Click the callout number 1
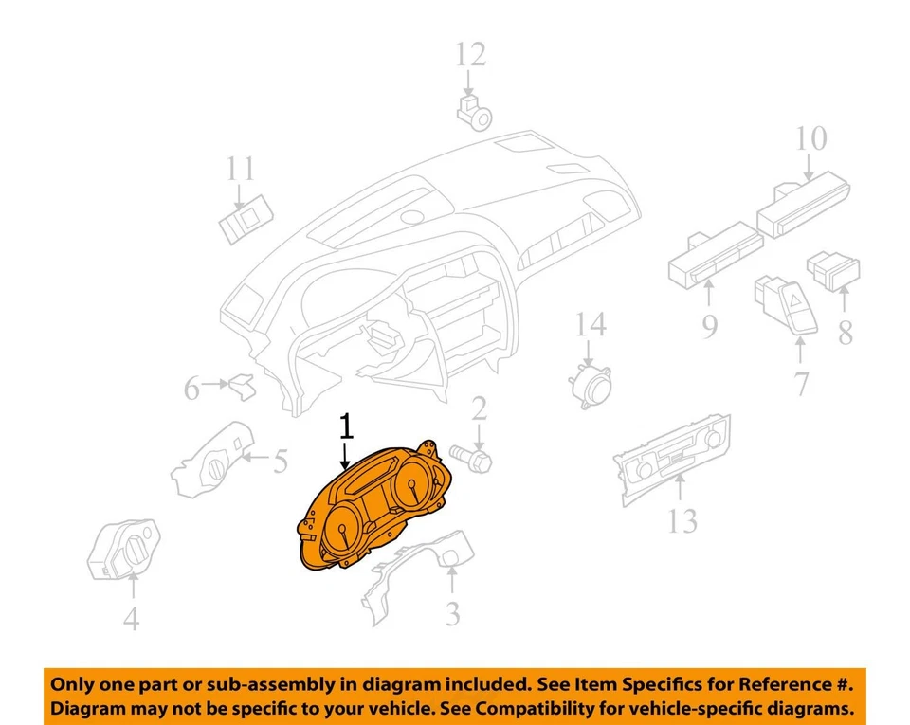[x=346, y=427]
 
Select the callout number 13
[x=682, y=520]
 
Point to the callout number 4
[x=132, y=619]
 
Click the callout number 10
[x=810, y=139]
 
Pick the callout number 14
[x=590, y=326]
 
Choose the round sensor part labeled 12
[x=475, y=112]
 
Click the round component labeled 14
[x=588, y=387]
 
